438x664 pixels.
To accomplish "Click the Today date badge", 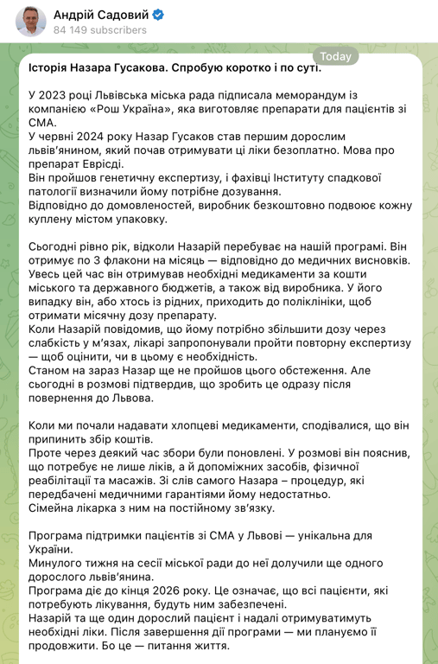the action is click(x=336, y=56).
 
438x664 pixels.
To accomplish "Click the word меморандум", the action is click(x=340, y=93).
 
